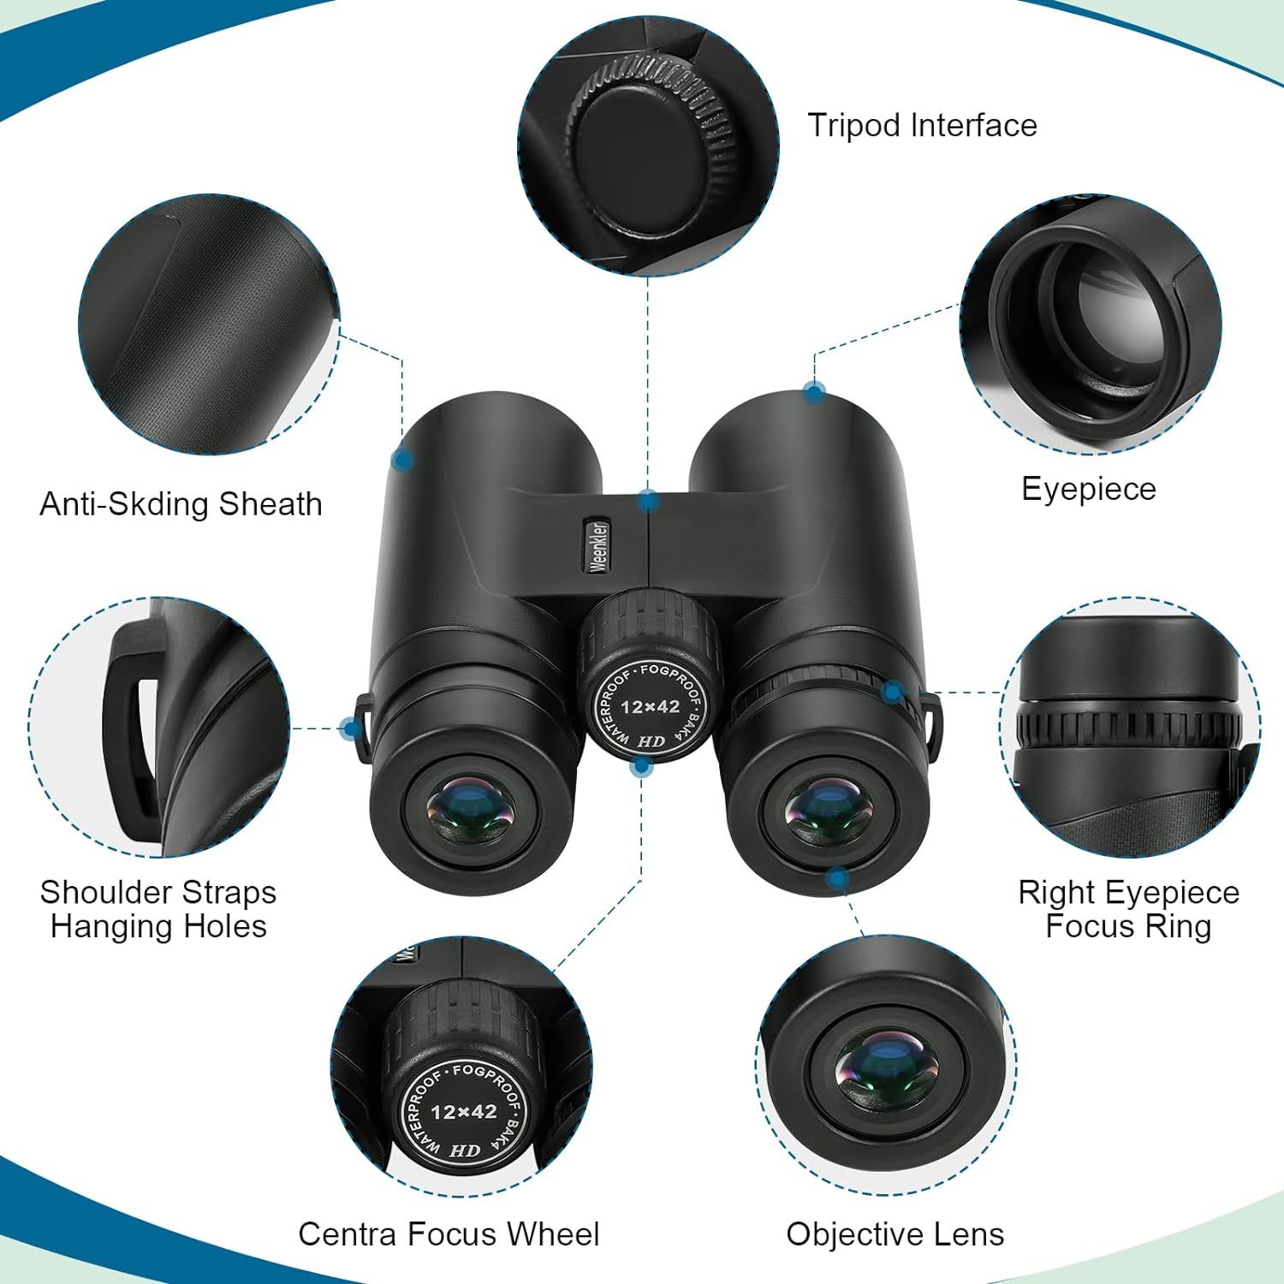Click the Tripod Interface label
(x=922, y=126)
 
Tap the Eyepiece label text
(x=1088, y=489)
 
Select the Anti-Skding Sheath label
(x=181, y=504)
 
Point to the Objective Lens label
(x=895, y=1233)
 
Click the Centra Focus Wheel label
(x=449, y=1233)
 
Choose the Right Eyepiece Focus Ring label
(x=1128, y=909)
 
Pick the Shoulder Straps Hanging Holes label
(x=158, y=909)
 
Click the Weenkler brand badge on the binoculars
(x=599, y=545)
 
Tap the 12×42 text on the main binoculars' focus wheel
(x=650, y=707)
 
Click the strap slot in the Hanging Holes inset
(x=146, y=736)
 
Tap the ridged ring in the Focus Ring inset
(x=1128, y=728)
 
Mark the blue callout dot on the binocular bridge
(x=648, y=501)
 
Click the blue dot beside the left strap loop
(x=350, y=728)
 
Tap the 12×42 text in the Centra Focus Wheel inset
(x=463, y=1111)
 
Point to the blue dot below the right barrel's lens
(x=837, y=877)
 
